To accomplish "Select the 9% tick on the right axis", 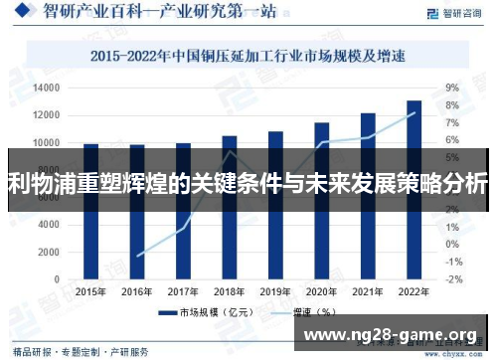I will click(x=451, y=89).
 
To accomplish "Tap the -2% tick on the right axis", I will click(x=452, y=279).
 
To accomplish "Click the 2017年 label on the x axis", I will click(x=183, y=291).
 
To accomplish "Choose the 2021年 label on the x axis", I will click(x=368, y=291).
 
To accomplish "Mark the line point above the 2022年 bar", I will click(x=414, y=112).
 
